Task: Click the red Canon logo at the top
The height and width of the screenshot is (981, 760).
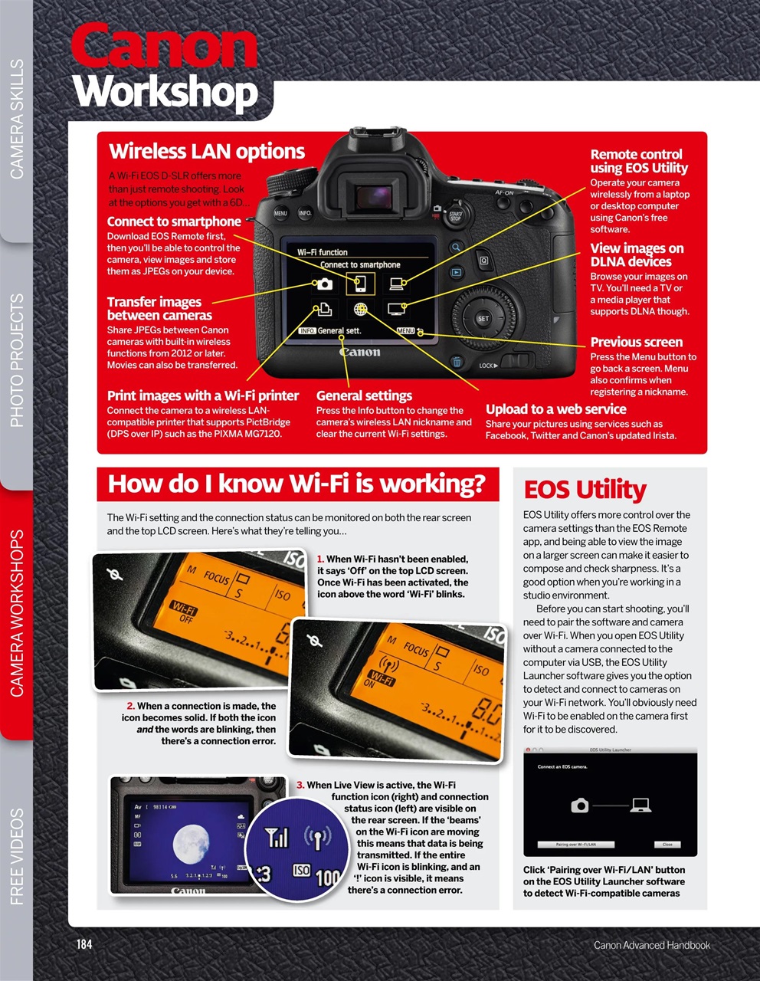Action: [x=164, y=48]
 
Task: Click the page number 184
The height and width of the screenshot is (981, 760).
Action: [x=84, y=944]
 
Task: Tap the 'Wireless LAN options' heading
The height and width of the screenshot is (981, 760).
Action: [x=207, y=152]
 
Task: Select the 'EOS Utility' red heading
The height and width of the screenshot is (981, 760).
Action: [x=585, y=490]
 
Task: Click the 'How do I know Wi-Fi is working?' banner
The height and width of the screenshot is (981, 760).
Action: [x=297, y=484]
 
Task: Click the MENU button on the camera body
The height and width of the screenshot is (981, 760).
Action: [x=281, y=214]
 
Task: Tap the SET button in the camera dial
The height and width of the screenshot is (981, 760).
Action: [x=483, y=318]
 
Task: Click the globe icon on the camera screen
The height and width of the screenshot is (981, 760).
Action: [x=361, y=309]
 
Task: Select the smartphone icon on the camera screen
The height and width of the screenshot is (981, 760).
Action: [x=360, y=284]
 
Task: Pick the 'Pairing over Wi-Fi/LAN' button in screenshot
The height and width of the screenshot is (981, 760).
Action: [x=576, y=844]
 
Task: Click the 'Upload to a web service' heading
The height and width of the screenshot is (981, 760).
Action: [x=555, y=409]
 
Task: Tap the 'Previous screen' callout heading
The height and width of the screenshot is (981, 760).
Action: [x=636, y=343]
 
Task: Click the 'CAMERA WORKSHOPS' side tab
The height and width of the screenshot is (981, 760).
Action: [x=17, y=613]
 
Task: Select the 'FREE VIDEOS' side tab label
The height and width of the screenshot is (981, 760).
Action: [x=17, y=856]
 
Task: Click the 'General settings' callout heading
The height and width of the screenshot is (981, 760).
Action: [x=364, y=396]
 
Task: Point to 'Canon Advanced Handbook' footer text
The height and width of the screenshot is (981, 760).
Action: [x=651, y=945]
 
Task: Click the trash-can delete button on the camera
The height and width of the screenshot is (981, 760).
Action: [x=457, y=363]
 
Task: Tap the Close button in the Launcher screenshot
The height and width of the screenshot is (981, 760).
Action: [x=667, y=844]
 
